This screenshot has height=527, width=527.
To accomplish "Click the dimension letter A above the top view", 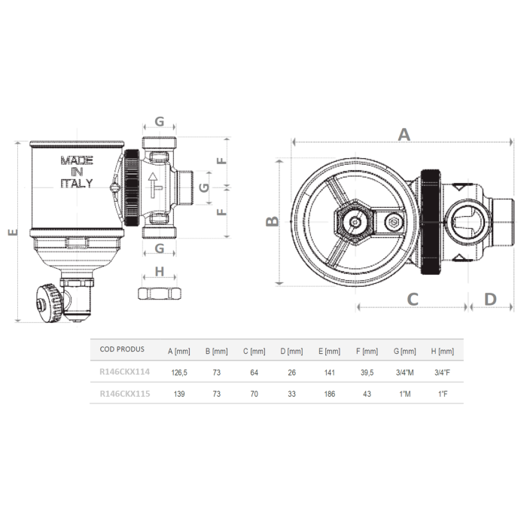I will click(404, 135).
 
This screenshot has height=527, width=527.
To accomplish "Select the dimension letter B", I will click(273, 221).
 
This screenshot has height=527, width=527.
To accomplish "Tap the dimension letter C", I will click(413, 299).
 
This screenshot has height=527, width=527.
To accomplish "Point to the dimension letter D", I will click(490, 299).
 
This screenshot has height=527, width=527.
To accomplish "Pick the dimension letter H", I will click(159, 271).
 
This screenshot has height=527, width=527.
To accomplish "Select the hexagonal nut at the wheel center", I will click(351, 223).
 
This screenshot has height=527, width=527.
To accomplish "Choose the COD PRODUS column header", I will click(121, 350).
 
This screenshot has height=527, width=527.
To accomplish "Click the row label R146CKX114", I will click(123, 370).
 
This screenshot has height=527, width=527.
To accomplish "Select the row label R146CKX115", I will click(123, 393).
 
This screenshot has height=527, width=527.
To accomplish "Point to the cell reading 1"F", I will click(442, 393).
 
